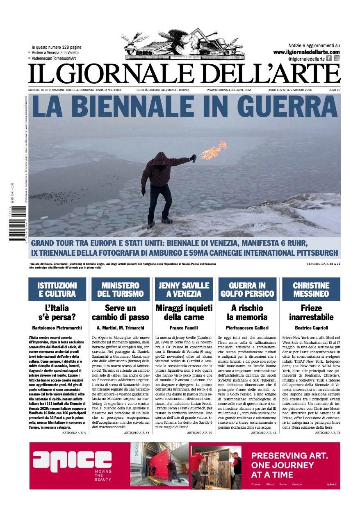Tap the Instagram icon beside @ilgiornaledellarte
coord(337,58)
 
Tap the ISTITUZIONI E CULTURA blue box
coord(57,289)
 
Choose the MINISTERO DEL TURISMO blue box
coord(121,289)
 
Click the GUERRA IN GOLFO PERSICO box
coord(247,289)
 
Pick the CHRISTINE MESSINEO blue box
coord(311,289)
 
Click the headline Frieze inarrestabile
coord(311,312)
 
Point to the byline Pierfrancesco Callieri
coord(247,328)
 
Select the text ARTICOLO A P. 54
coord(137,432)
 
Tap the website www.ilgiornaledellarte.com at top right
coord(306,52)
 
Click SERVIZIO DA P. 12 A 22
coord(324,264)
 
